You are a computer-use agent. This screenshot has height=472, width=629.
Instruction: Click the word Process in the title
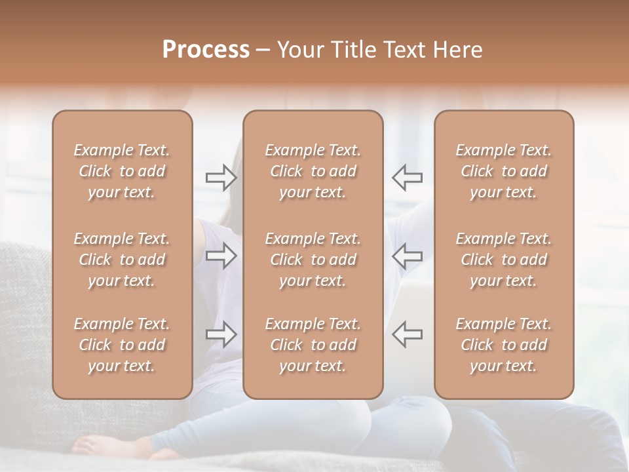[206, 50]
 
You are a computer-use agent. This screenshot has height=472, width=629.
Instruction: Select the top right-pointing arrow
[221, 177]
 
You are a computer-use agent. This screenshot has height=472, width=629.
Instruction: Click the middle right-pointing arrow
[221, 256]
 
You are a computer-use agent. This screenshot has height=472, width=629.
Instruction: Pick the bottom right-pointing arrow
[221, 334]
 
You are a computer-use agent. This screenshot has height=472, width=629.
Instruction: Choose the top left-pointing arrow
[407, 177]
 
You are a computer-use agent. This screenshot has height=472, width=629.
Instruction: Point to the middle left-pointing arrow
[407, 256]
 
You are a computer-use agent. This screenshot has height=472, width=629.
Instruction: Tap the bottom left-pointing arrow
[407, 334]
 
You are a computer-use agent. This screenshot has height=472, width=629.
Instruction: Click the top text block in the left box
[122, 171]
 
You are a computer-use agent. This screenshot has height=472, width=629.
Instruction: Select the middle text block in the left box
[122, 260]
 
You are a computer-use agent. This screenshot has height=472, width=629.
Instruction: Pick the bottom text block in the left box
[122, 345]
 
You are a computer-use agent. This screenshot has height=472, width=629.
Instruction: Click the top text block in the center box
[313, 171]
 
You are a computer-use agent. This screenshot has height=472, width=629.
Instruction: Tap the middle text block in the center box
[313, 260]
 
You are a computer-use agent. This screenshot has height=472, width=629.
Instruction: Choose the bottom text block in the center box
[313, 345]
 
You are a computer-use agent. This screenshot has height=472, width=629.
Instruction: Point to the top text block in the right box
[504, 171]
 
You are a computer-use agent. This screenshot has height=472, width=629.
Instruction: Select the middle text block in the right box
[504, 260]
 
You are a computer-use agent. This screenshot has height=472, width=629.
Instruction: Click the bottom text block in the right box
[504, 345]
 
